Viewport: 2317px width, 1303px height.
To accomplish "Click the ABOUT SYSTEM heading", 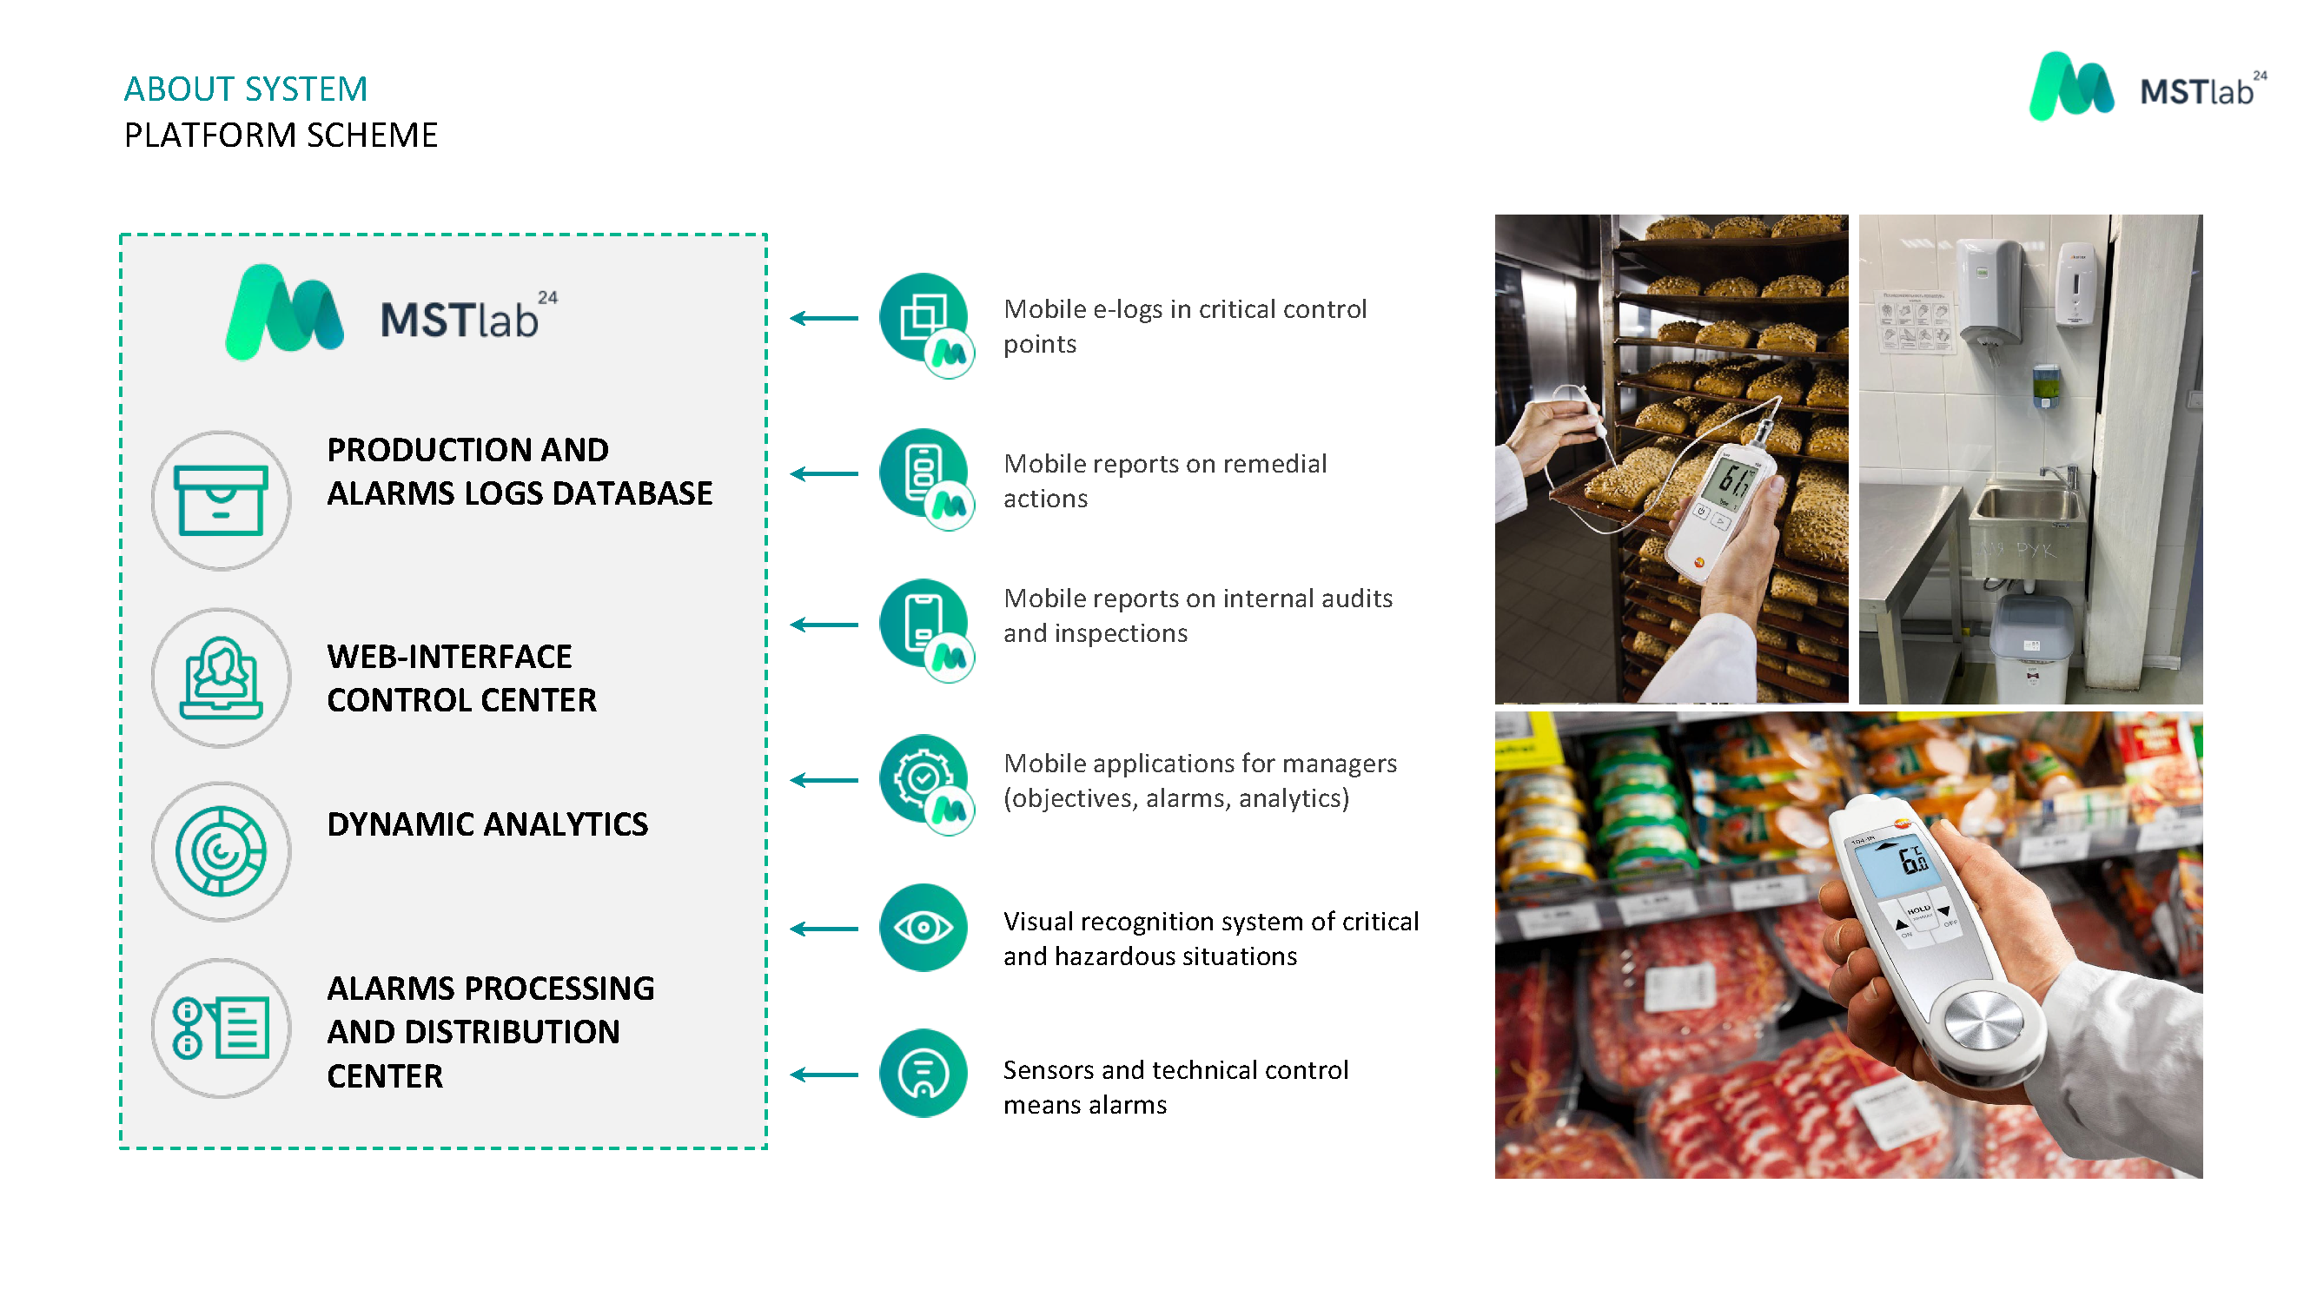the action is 246,89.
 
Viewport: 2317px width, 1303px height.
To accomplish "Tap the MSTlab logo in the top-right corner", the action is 2148,86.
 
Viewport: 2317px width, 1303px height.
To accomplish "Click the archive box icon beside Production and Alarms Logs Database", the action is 222,500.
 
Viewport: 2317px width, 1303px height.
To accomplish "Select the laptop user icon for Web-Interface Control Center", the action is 222,678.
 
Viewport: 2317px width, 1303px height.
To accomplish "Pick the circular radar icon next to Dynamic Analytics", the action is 222,850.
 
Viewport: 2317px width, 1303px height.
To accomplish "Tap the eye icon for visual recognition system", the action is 923,927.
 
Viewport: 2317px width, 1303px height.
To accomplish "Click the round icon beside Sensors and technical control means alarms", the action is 923,1073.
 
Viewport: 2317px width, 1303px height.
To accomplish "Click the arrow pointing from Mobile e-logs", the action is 824,318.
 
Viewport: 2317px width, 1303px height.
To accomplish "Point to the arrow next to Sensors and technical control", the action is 824,1075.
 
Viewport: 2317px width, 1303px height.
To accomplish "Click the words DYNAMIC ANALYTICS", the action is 487,824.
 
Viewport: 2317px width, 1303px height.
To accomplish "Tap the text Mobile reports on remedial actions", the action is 1165,481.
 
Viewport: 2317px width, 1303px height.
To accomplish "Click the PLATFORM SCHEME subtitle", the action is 281,135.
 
